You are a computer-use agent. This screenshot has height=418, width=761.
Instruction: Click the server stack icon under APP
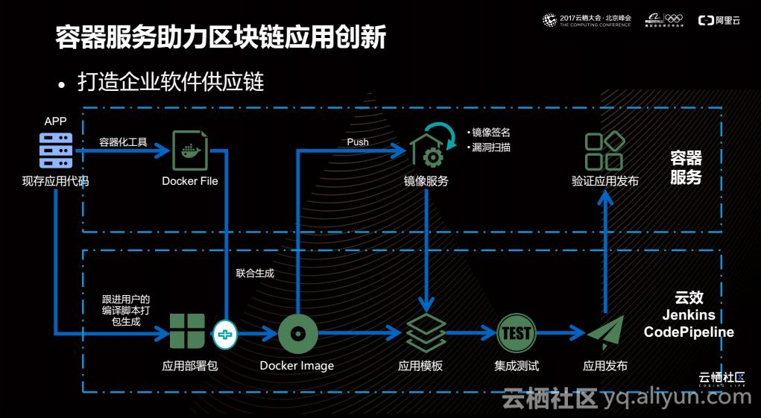(x=56, y=151)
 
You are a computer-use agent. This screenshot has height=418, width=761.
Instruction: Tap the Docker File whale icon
(x=190, y=151)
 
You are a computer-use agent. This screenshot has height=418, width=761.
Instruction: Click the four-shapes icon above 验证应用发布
(x=604, y=151)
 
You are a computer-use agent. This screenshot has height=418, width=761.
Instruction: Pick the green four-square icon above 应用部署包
(x=187, y=332)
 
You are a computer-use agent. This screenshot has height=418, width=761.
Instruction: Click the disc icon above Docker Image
(x=298, y=333)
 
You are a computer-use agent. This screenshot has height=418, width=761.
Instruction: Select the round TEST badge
(x=517, y=333)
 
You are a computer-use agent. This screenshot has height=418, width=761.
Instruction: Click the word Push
(x=358, y=142)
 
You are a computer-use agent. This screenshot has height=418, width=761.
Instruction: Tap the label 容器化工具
(x=124, y=142)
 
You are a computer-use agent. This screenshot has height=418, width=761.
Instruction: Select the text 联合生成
(x=255, y=273)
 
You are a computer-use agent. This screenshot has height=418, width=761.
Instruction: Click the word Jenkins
(x=689, y=315)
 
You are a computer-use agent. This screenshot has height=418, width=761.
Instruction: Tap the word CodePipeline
(x=689, y=332)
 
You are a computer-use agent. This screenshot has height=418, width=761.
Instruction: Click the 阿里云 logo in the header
(x=719, y=20)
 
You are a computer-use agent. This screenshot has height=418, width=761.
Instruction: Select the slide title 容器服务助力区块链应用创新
(x=221, y=37)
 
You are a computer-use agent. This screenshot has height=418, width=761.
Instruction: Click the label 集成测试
(x=517, y=366)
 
